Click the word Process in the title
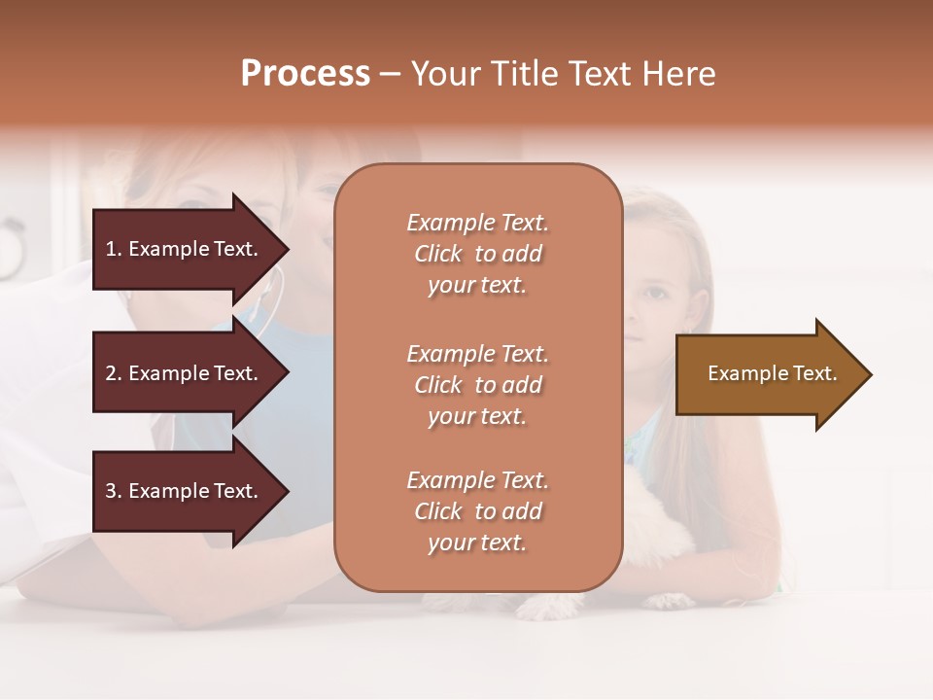305,74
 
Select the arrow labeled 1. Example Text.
185,249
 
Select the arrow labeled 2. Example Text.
185,373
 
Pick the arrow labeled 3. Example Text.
185,491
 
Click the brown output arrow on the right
768,374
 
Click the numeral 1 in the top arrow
111,249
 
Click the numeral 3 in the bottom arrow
111,491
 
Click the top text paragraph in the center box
477,254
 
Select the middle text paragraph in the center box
477,385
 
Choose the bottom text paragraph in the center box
477,511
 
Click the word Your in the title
446,74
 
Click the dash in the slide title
390,75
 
